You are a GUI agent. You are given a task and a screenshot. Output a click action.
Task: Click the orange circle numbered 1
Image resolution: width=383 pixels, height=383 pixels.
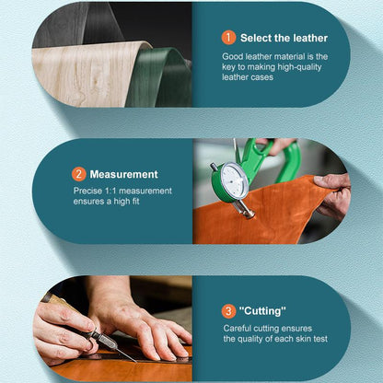tap(228, 38)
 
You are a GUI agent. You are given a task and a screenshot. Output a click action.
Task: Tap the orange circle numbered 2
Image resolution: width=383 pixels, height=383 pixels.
tap(79, 174)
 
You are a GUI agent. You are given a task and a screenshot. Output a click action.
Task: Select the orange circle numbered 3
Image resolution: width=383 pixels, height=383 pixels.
tap(228, 311)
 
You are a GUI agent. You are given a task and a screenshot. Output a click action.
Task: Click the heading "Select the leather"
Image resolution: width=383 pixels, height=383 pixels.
tap(284, 38)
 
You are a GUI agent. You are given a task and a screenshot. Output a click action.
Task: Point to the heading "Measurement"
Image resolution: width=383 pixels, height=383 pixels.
tap(123, 174)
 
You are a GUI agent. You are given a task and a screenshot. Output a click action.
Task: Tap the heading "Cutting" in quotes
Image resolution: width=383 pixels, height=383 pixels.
tap(262, 311)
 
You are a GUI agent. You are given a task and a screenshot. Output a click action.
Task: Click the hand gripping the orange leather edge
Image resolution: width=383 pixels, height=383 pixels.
tap(332, 194)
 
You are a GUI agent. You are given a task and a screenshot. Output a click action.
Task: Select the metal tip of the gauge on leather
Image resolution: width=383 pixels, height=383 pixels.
tap(247, 211)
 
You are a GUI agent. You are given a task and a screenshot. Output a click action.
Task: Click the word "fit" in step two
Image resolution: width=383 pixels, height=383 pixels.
tap(134, 202)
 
